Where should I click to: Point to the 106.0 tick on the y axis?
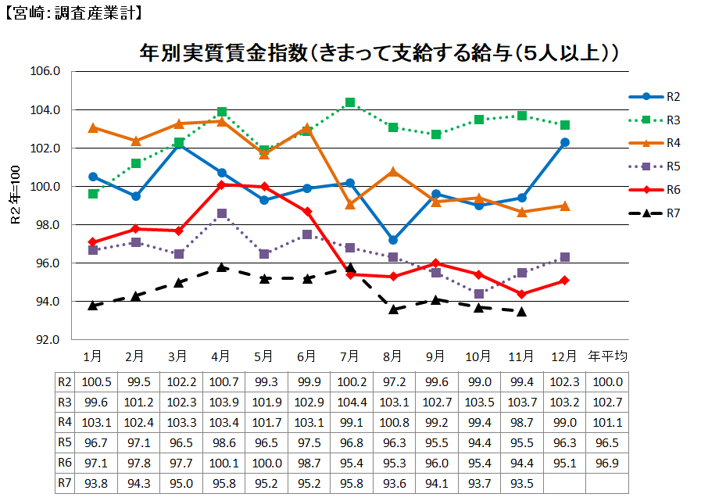(x=46, y=71)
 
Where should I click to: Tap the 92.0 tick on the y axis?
(x=46, y=340)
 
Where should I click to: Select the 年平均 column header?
(x=607, y=356)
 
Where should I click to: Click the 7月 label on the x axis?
(x=350, y=356)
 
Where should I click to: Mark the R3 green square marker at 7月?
(x=350, y=102)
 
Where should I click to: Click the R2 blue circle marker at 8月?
(x=393, y=240)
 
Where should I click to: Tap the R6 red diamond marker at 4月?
(x=222, y=185)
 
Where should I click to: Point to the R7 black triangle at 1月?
(x=93, y=306)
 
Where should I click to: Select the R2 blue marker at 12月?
(x=564, y=142)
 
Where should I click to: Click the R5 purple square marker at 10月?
(x=479, y=294)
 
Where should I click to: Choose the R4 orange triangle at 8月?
(x=393, y=171)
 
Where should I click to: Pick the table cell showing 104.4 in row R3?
(x=350, y=403)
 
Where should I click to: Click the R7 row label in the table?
(x=65, y=483)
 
